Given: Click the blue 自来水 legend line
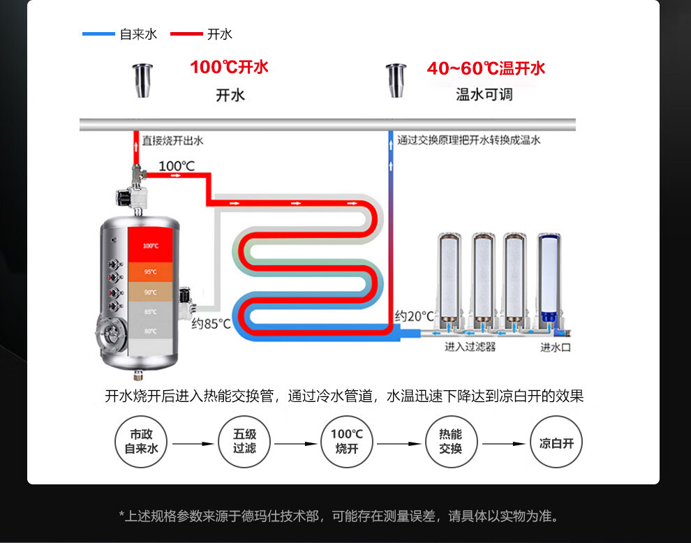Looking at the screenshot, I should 98,34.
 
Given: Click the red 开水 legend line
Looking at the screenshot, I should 186,34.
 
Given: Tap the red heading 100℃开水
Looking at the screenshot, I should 229,68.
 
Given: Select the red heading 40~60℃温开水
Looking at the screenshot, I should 486,68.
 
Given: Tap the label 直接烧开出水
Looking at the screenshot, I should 172,140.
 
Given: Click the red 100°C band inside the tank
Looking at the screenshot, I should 151,245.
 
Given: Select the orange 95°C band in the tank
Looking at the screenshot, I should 151,271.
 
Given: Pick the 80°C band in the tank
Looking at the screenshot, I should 151,330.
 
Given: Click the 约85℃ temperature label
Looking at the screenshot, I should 211,323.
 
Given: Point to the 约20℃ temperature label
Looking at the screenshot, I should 414,316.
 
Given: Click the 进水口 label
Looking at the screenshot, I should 556,347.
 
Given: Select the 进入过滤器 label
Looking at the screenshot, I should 470,347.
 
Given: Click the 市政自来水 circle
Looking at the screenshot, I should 142,443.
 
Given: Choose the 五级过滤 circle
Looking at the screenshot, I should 244,443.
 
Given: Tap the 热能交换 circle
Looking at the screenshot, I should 450,443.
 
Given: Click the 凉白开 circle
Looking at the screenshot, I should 556,443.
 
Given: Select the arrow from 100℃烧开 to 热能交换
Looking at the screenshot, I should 399,444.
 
